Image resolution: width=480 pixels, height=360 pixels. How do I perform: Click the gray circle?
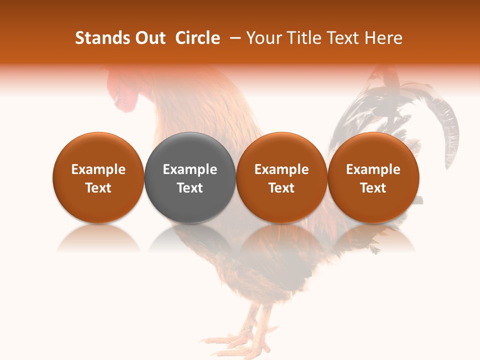click(190, 177)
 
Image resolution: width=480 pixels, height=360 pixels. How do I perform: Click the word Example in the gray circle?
click(190, 169)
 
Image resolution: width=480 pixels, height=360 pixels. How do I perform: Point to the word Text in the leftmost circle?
click(98, 188)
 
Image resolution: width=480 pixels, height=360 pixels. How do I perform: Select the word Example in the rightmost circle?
click(373, 169)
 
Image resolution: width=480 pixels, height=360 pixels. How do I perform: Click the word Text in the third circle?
click(281, 188)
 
